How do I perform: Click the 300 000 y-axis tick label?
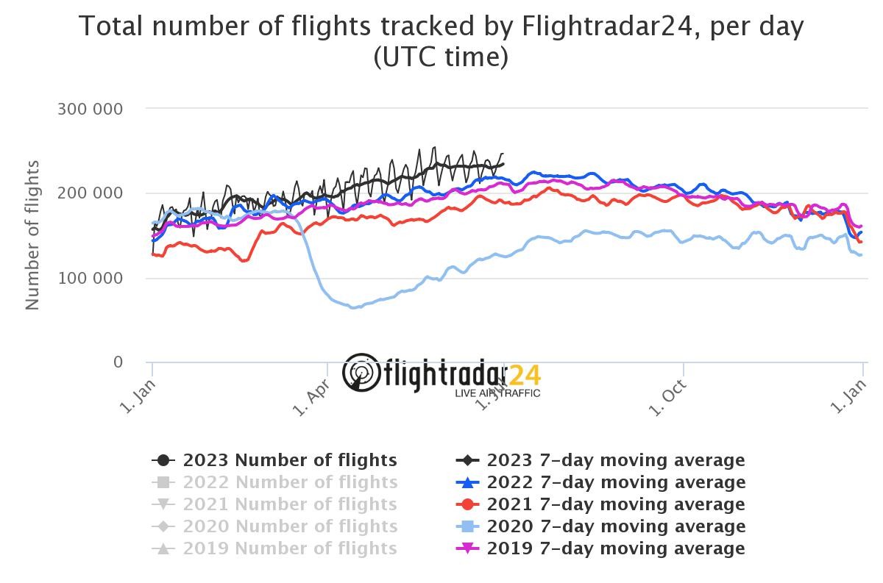[90, 109]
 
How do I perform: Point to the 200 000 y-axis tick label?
[90, 193]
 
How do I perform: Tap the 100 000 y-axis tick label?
[90, 278]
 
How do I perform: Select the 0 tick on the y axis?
[117, 362]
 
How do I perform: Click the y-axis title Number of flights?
[32, 235]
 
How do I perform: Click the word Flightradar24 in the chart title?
[609, 26]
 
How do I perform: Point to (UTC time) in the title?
[441, 57]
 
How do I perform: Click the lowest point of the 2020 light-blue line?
[354, 307]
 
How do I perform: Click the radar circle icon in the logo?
[361, 372]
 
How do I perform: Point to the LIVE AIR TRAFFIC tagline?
[497, 393]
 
